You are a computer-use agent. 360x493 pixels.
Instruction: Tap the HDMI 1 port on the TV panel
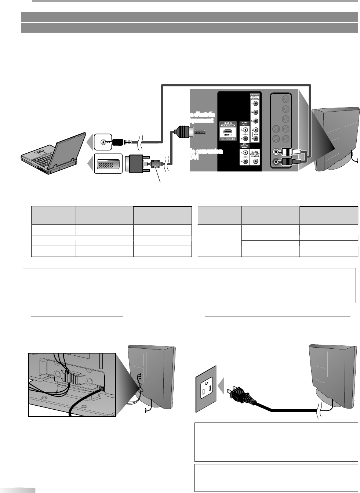[x=228, y=131]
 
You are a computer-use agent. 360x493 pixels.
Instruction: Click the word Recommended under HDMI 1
[x=228, y=139]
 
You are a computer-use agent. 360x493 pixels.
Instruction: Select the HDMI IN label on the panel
[x=228, y=123]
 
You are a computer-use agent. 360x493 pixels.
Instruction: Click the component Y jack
[x=256, y=104]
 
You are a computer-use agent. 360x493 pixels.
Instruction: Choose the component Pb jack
[x=256, y=112]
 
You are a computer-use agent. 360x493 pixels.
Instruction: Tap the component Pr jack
[x=256, y=121]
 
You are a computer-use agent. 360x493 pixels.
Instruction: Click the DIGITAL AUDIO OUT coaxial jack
[x=255, y=161]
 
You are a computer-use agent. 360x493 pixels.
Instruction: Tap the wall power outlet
[x=206, y=389]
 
